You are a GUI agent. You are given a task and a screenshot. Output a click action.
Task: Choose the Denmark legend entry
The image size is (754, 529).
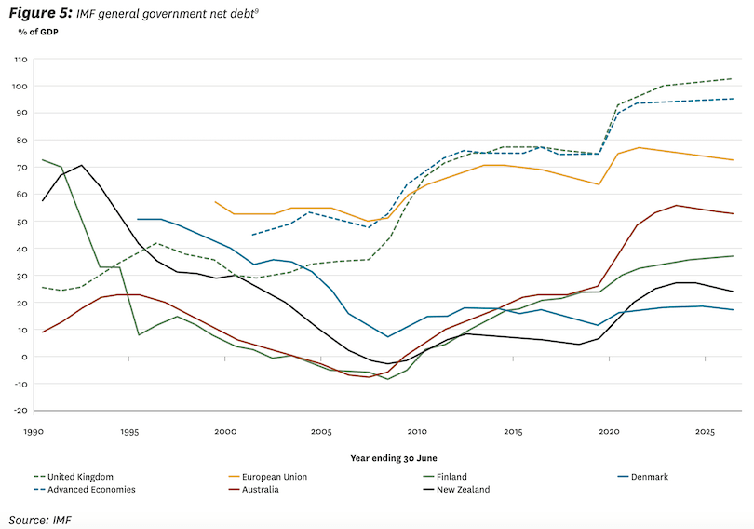tap(649, 477)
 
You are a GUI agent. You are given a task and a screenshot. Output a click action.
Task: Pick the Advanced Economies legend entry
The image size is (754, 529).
tap(91, 490)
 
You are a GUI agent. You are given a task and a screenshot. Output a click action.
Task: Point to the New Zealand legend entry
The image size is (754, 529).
tap(463, 490)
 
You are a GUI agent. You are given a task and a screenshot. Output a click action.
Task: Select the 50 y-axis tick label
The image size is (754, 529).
tap(22, 222)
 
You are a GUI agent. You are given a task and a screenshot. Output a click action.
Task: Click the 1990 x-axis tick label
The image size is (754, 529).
tap(34, 432)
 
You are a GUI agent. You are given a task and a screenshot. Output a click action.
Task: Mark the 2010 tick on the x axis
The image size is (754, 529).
tap(417, 432)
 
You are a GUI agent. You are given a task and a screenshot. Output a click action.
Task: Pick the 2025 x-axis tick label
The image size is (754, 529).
tap(704, 432)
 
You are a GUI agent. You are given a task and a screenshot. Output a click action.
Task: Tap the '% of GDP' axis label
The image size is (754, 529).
tap(38, 32)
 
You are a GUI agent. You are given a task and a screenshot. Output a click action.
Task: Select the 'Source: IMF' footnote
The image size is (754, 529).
tap(41, 518)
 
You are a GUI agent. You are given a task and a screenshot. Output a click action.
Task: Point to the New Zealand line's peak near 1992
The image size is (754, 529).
tap(81, 165)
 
